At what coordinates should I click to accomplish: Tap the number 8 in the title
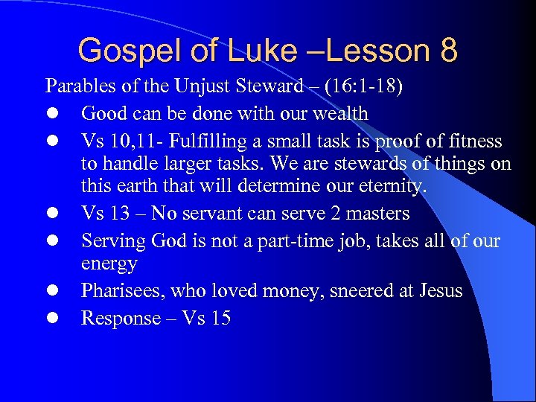(449, 51)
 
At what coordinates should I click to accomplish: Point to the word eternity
(394, 187)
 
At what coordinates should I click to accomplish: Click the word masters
(378, 214)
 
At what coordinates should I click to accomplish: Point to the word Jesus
(436, 290)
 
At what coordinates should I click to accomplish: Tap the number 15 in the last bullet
(220, 318)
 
